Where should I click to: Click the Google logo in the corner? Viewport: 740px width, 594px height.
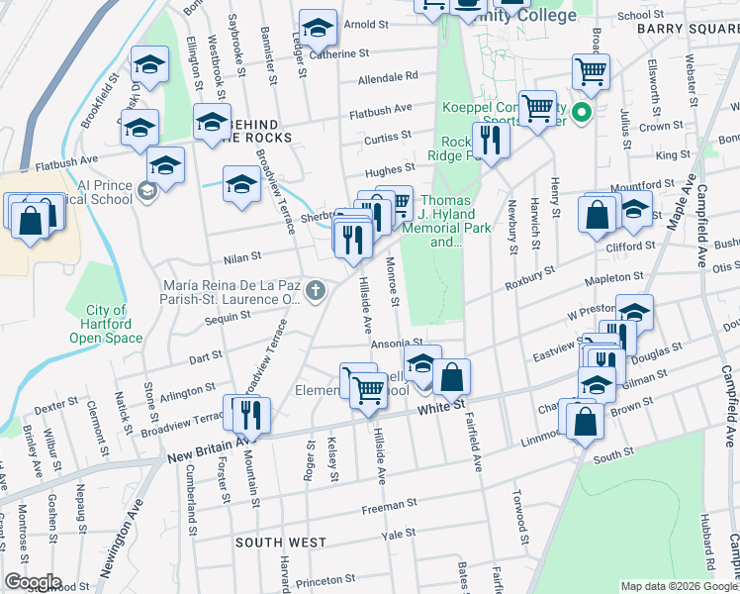[x=32, y=582]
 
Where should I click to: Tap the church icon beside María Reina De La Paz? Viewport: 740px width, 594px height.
[x=315, y=290]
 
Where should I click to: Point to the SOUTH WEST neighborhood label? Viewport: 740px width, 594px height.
[x=281, y=543]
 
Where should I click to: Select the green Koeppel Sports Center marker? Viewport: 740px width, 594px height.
[x=583, y=112]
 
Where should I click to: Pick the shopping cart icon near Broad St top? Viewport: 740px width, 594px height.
[x=591, y=71]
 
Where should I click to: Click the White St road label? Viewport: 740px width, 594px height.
[x=440, y=407]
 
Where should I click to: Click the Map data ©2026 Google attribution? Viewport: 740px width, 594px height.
[x=679, y=586]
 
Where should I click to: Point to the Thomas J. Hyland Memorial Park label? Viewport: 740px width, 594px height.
[x=446, y=220]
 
